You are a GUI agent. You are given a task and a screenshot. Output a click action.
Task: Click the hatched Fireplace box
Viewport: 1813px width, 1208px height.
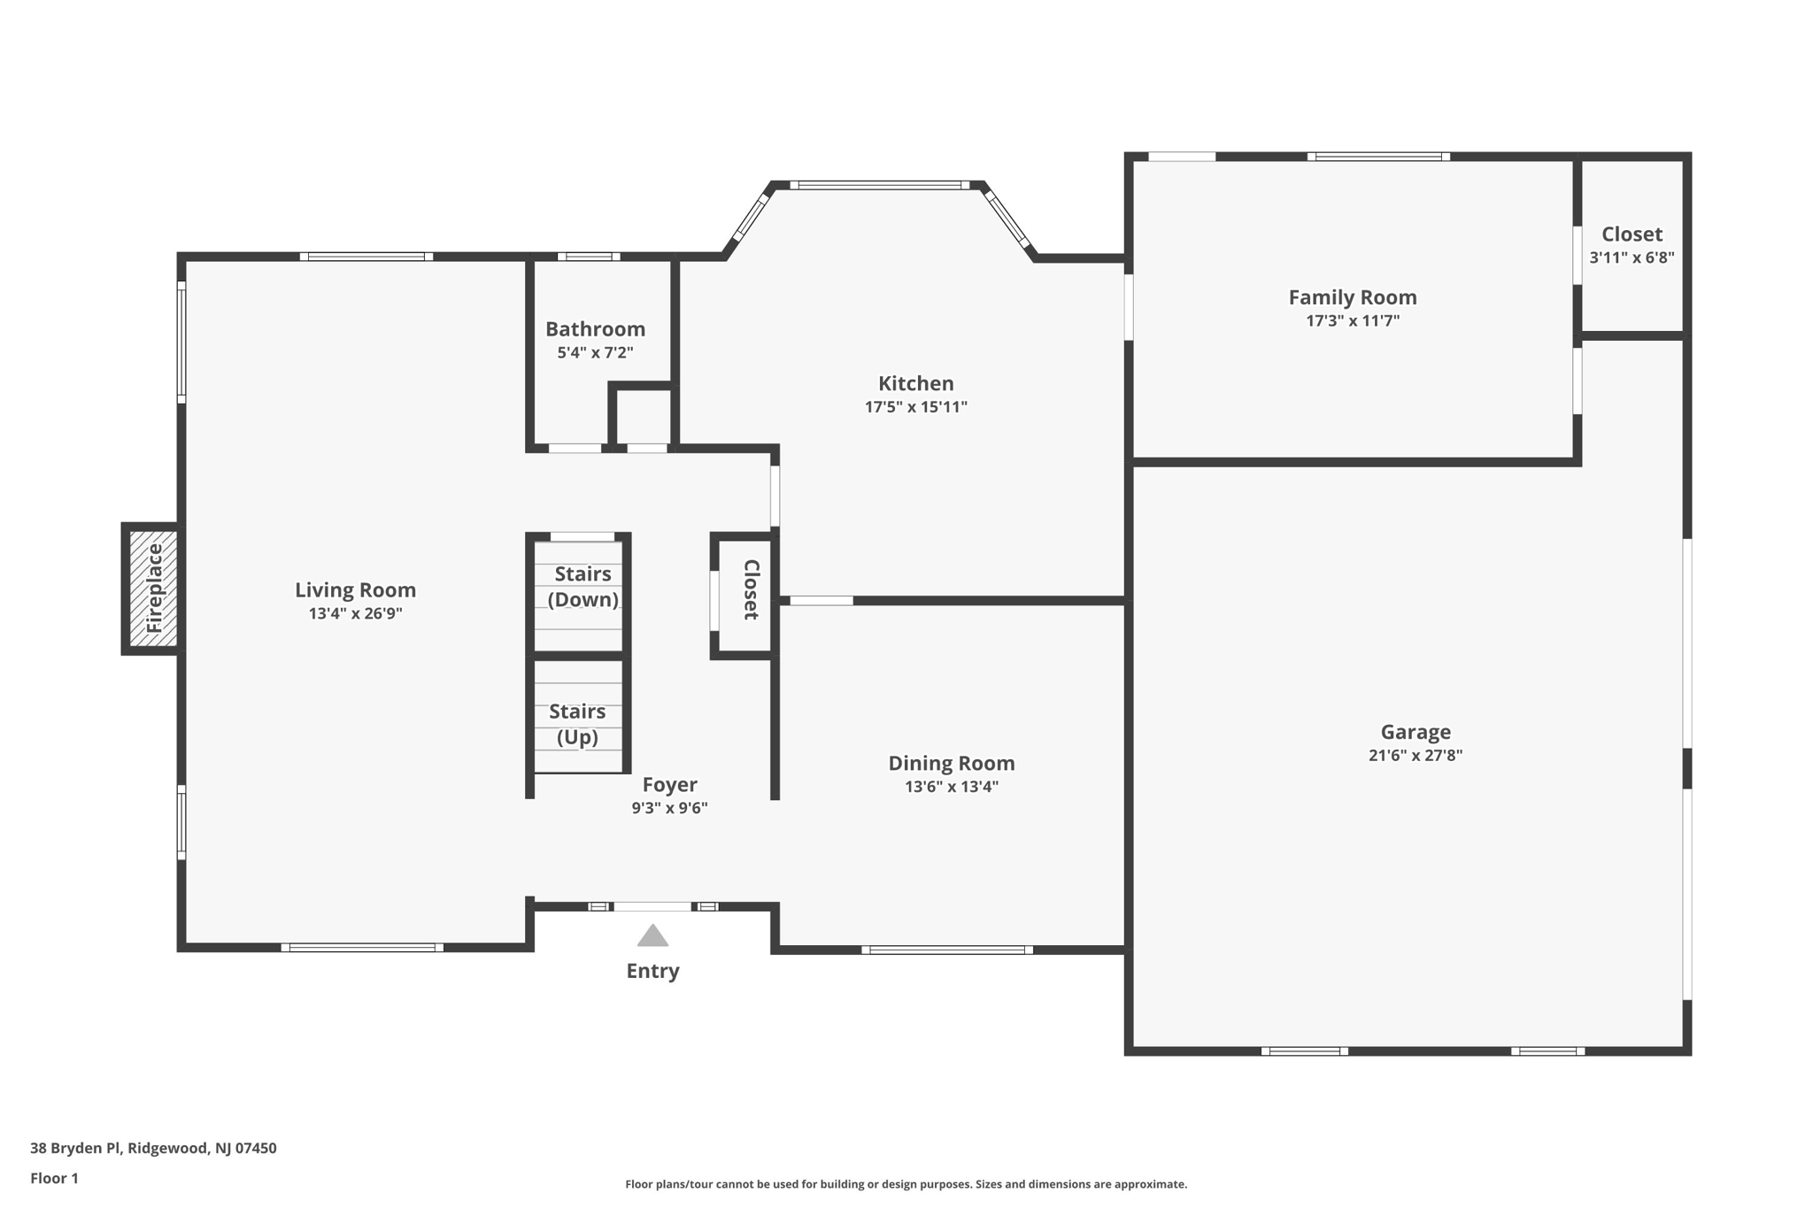(153, 589)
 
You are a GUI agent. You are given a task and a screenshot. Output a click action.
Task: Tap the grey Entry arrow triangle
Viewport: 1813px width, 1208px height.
(652, 935)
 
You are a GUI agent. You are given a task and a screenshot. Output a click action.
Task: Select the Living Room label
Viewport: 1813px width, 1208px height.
(355, 590)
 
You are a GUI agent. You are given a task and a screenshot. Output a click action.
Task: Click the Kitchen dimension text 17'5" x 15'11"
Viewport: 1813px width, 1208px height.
(916, 407)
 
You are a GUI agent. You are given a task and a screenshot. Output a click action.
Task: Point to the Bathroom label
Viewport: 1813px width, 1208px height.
(595, 329)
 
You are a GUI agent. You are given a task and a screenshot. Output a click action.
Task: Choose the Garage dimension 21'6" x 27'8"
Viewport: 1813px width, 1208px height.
(1416, 755)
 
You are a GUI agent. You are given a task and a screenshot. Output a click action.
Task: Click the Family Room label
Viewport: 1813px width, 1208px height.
(1353, 297)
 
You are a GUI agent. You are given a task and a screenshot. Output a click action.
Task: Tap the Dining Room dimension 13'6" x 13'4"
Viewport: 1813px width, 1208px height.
(952, 786)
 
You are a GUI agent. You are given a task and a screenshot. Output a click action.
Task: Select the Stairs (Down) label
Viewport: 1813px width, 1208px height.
(582, 587)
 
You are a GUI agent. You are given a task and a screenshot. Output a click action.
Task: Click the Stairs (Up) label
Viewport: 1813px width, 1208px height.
(577, 724)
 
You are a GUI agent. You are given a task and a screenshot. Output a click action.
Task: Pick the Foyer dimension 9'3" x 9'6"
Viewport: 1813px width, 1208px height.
(669, 807)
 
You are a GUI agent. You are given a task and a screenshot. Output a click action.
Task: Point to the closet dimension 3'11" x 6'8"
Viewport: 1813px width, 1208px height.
(1632, 258)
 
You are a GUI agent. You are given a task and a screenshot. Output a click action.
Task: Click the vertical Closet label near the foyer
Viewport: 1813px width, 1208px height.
(751, 589)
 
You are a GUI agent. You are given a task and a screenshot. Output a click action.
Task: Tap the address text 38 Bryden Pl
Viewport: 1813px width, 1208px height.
(75, 1148)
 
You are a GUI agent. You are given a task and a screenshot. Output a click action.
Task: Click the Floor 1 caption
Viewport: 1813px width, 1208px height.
(54, 1178)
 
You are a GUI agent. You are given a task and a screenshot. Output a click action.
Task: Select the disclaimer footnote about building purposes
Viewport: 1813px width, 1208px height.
(906, 1184)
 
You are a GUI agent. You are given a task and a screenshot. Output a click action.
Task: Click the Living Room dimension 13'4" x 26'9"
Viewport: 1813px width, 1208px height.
(355, 613)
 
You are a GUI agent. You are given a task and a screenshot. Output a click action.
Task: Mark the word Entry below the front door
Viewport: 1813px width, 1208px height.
(652, 971)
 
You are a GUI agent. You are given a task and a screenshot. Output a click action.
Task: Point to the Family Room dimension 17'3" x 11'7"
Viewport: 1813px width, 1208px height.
(1353, 320)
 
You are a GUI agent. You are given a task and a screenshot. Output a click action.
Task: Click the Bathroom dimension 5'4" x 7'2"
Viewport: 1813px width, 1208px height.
(595, 352)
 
